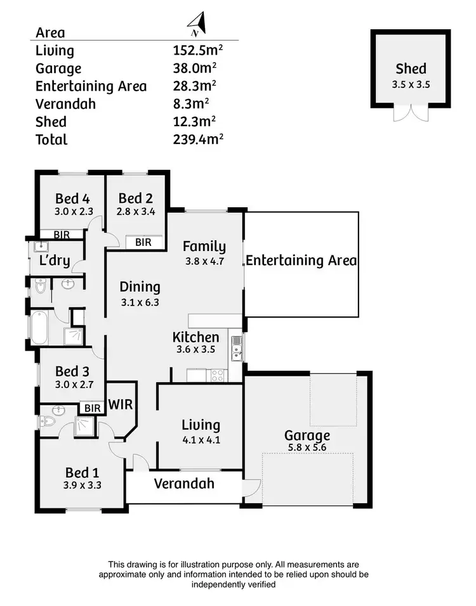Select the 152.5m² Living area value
[197, 51]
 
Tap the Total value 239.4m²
[197, 139]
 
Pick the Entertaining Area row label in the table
[91, 86]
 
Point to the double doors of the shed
[410, 113]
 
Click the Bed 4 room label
[72, 198]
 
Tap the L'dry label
[55, 261]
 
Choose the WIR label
[120, 404]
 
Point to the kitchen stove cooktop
[217, 375]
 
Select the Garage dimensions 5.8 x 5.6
[307, 449]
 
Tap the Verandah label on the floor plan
[184, 484]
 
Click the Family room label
[204, 247]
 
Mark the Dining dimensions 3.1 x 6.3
[140, 302]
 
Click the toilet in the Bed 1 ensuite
[49, 420]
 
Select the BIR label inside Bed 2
[143, 242]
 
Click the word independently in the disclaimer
[234, 584]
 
